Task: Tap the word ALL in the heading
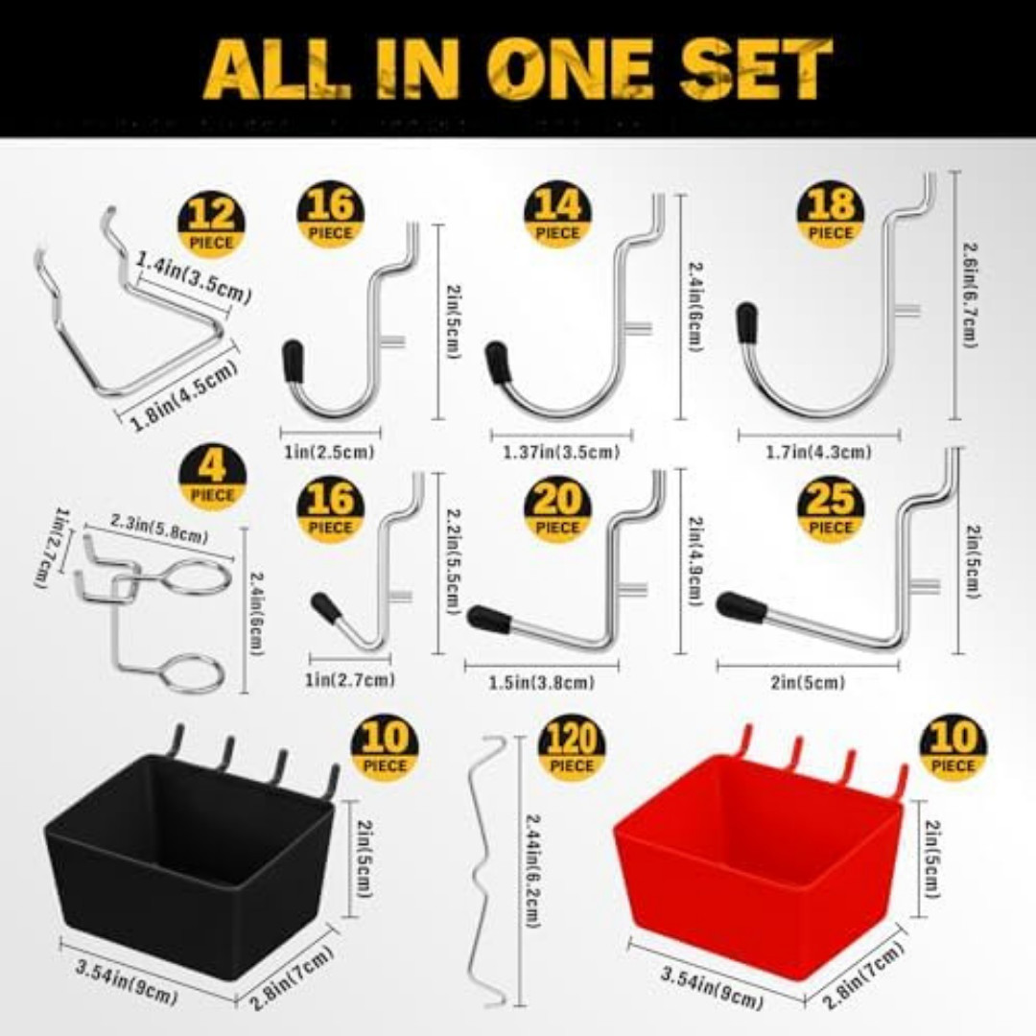tap(277, 69)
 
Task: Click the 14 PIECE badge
tap(558, 216)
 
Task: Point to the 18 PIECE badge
tap(831, 216)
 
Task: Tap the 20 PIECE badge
tap(558, 510)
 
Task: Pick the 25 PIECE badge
tap(831, 510)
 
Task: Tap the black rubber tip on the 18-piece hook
tap(746, 323)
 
